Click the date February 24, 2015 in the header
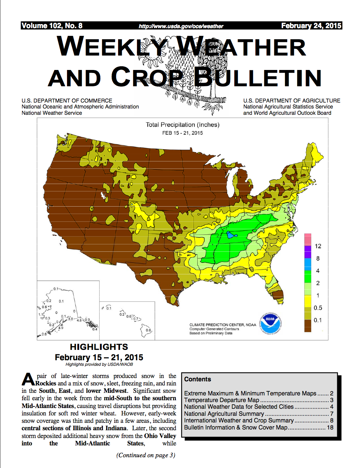(x=311, y=26)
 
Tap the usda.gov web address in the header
(x=181, y=26)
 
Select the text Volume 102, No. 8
(x=52, y=26)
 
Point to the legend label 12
(x=318, y=246)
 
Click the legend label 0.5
(x=318, y=308)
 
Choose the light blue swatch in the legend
(x=308, y=264)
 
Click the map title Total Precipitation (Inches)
(x=182, y=125)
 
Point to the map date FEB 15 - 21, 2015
(x=182, y=133)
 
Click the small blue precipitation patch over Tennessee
(x=231, y=235)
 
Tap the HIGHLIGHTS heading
(x=99, y=347)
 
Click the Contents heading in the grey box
(x=198, y=379)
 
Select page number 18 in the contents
(x=330, y=427)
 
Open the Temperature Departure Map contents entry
(x=222, y=400)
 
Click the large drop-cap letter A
(x=29, y=380)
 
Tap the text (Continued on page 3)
(x=146, y=455)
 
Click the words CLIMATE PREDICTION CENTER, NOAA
(x=223, y=325)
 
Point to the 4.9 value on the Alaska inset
(x=61, y=328)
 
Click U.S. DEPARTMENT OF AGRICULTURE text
(x=292, y=101)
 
